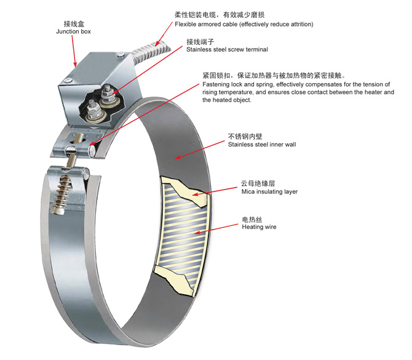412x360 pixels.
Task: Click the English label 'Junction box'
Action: point(73,31)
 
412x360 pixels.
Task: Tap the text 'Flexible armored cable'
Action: point(207,25)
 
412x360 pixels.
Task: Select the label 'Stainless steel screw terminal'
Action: point(227,49)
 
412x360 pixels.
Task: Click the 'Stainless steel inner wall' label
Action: point(262,145)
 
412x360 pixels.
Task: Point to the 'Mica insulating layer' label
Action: point(269,192)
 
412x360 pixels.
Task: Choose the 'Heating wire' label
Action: point(259,227)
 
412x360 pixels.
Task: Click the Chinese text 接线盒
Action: point(74,24)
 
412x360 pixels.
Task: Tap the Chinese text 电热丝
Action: point(252,219)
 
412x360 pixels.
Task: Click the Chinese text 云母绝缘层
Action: point(258,183)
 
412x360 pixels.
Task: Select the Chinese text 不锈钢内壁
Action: point(245,136)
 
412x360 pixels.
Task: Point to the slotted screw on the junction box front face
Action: point(68,81)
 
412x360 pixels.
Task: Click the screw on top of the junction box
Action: point(121,54)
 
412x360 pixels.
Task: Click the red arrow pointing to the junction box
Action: point(74,51)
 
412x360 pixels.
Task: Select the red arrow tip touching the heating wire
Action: point(195,233)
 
